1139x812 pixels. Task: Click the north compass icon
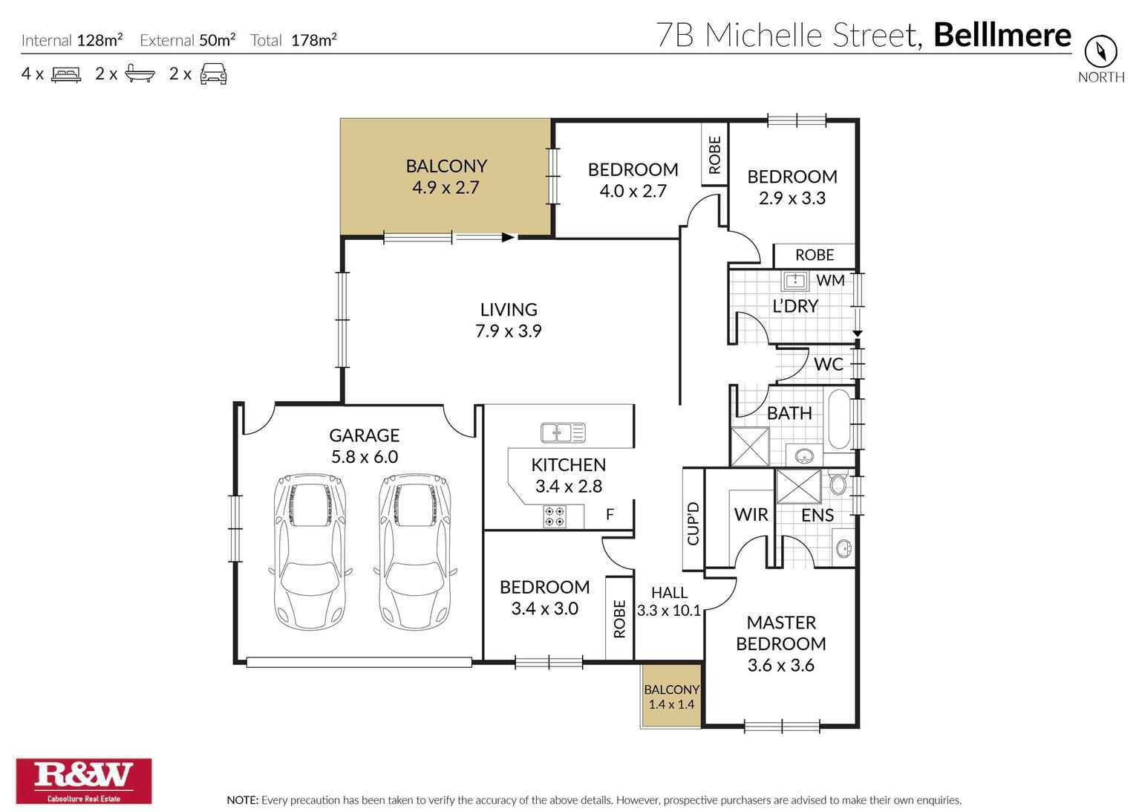click(x=1100, y=51)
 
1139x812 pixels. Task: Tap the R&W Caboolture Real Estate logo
click(x=84, y=780)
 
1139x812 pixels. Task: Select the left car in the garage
click(x=310, y=551)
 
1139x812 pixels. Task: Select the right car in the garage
click(x=416, y=551)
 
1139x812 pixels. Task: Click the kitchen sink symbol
click(x=563, y=432)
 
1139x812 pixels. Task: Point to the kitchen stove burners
click(x=554, y=516)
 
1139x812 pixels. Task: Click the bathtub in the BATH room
click(x=839, y=419)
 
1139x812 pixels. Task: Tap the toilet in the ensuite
click(x=838, y=484)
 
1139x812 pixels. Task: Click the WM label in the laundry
click(x=830, y=280)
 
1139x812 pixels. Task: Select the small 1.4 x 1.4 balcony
click(x=671, y=696)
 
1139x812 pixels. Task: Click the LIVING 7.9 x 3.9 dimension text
click(x=509, y=331)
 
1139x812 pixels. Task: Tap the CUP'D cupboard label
click(x=693, y=523)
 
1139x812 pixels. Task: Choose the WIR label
click(x=751, y=514)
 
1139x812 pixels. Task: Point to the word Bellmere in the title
click(x=1002, y=35)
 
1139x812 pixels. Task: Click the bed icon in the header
click(x=65, y=74)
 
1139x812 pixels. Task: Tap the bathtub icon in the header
click(x=140, y=74)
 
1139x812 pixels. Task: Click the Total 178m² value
click(x=313, y=40)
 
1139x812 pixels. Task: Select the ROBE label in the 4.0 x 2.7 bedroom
click(x=714, y=155)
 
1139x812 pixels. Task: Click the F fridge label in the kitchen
click(x=610, y=514)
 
